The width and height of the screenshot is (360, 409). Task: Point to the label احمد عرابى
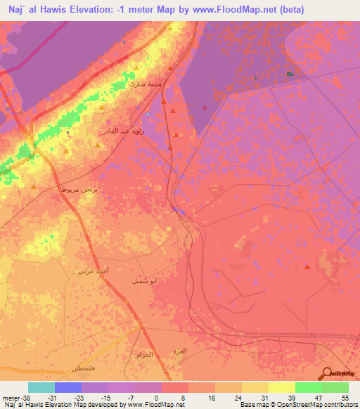92,270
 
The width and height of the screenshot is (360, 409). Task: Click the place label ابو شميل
144,280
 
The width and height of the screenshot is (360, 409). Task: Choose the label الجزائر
143,355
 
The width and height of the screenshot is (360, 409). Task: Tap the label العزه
180,350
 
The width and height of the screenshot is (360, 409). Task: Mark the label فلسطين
83,369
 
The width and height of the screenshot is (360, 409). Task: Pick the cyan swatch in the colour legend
41,387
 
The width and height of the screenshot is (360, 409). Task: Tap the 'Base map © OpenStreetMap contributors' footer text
297,405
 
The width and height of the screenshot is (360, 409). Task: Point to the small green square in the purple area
290,73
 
